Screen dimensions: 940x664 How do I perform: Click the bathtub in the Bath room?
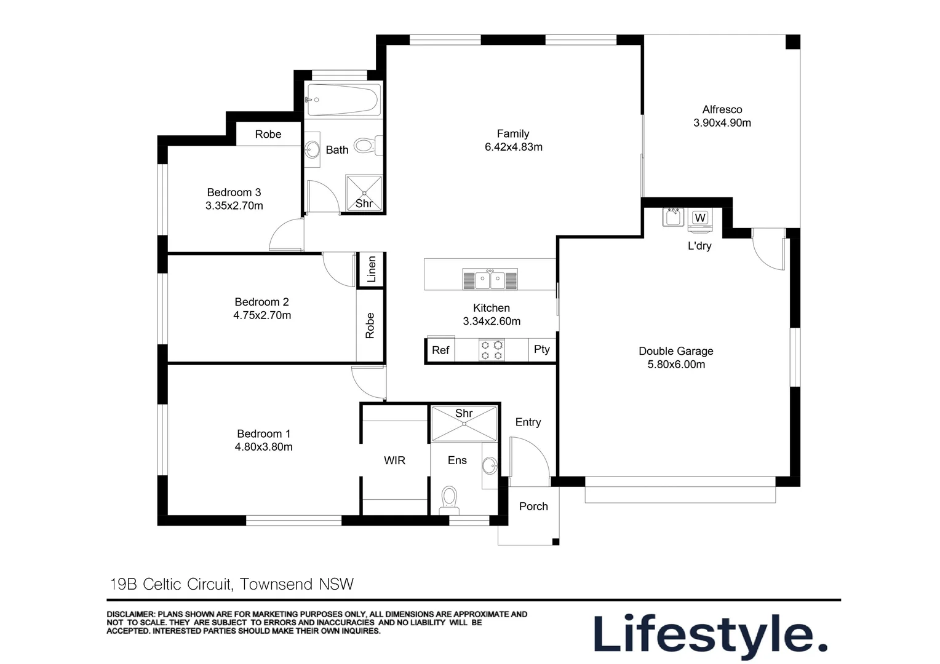point(343,100)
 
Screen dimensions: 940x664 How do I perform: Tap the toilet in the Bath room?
point(368,146)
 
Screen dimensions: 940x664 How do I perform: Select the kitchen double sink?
point(490,279)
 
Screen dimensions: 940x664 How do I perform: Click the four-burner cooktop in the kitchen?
point(492,350)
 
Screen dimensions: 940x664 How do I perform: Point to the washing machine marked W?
point(700,220)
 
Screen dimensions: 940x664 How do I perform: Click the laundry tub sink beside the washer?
point(673,217)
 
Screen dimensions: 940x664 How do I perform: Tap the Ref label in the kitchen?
point(440,350)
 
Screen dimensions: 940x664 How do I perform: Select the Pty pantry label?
point(542,349)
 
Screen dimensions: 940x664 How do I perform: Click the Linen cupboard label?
point(372,269)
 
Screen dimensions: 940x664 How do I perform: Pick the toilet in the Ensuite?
point(449,500)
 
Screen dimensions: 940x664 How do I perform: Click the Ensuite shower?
point(464,424)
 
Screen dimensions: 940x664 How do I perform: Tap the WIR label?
point(394,460)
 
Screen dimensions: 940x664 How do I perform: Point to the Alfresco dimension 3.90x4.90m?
point(722,123)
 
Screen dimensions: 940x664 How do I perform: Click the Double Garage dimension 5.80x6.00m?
point(676,365)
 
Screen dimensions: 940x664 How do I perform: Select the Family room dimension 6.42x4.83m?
point(513,147)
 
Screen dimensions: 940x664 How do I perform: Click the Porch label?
point(533,506)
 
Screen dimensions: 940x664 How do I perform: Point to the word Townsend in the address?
point(276,584)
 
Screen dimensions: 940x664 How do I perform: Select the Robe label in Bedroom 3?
point(268,134)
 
